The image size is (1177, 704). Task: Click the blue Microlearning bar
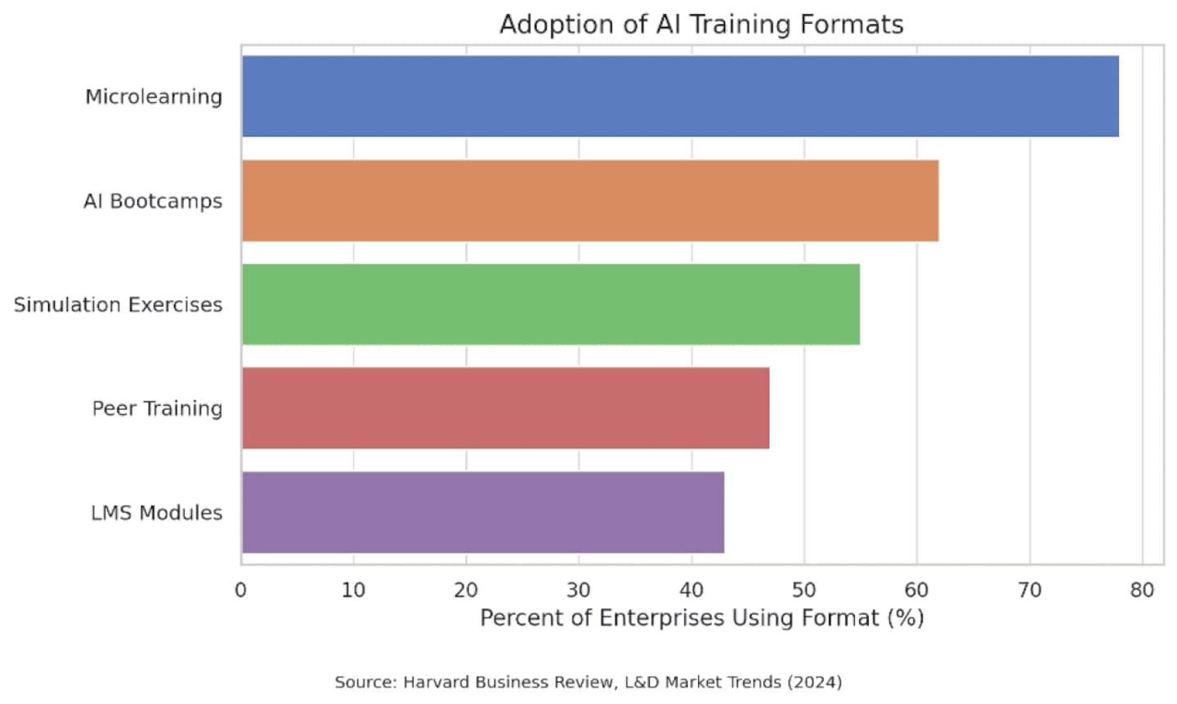tap(680, 96)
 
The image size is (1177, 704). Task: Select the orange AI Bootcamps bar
tap(590, 201)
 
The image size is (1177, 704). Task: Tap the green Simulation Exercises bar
tap(551, 305)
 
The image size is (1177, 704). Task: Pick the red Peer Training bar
tap(505, 408)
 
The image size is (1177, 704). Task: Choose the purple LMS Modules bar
tap(482, 512)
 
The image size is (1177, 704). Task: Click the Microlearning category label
tap(154, 97)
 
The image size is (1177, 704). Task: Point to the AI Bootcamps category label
tap(153, 201)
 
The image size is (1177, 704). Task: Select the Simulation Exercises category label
tap(118, 305)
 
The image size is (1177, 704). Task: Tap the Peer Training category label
tap(157, 408)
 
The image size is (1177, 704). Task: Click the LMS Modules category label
tap(156, 513)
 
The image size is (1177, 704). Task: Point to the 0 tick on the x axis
tap(241, 590)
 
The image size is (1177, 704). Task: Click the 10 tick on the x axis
tap(353, 590)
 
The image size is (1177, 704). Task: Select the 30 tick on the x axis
tap(579, 590)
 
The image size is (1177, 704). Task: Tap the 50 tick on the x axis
tap(804, 590)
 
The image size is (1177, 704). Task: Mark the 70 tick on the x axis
tap(1030, 590)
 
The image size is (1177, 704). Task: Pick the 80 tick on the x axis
tap(1142, 590)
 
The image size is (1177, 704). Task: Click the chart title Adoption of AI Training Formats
tap(701, 25)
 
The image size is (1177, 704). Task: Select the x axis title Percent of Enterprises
tap(701, 618)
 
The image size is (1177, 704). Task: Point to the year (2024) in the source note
tap(814, 682)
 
